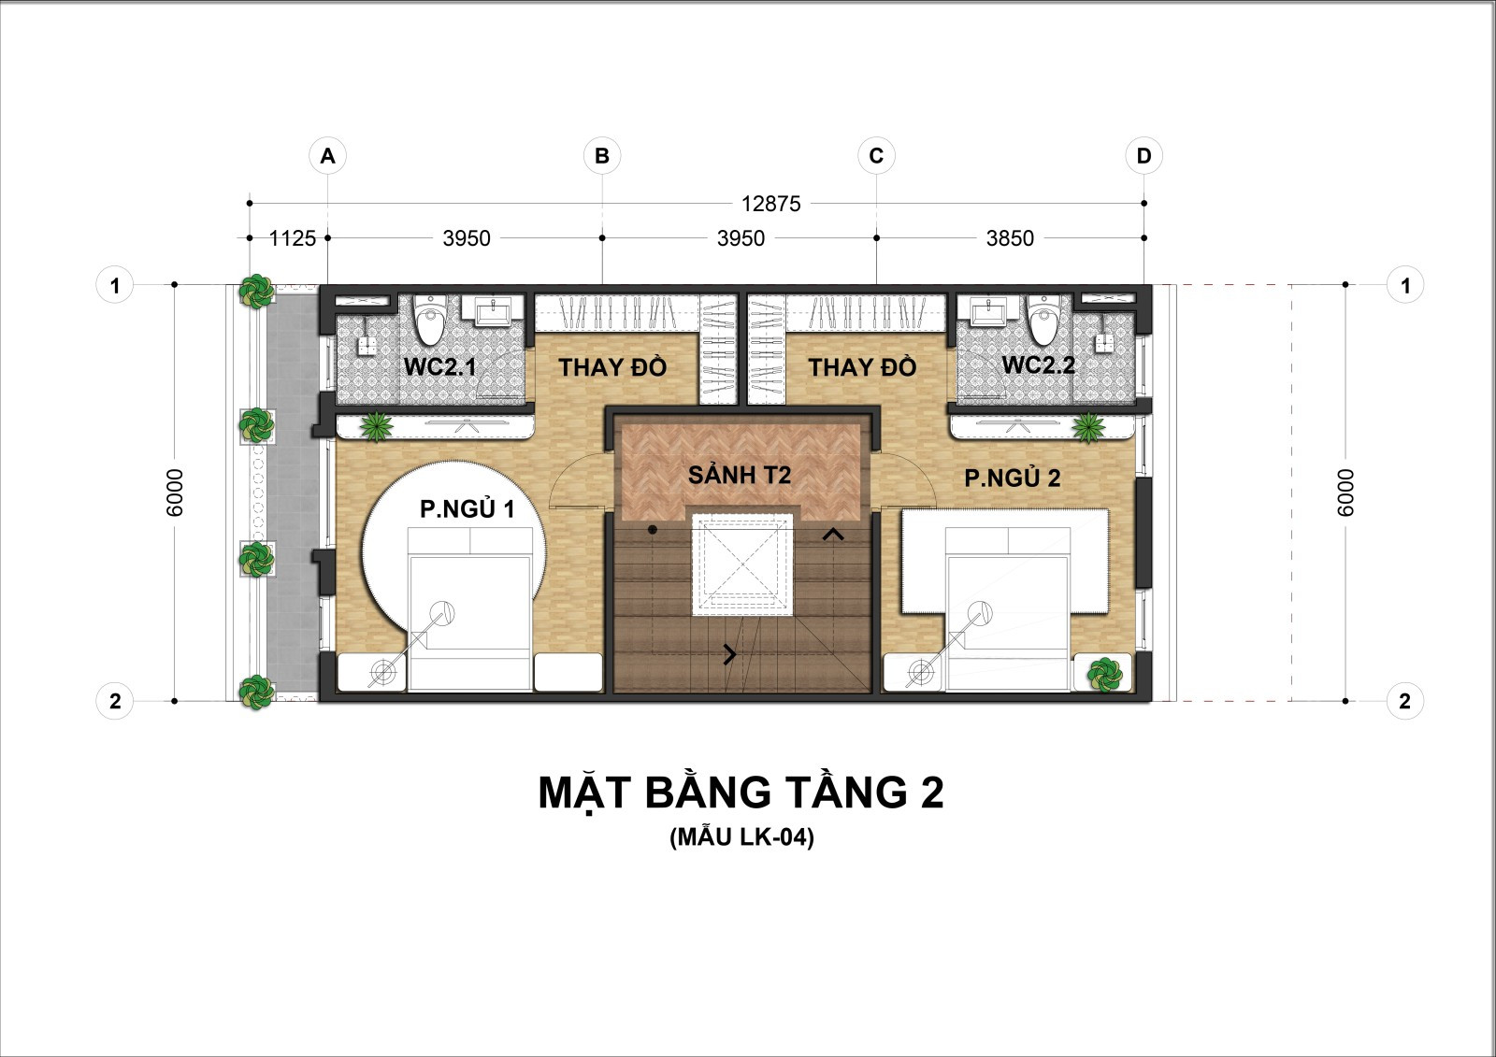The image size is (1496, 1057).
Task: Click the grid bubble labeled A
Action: click(x=327, y=155)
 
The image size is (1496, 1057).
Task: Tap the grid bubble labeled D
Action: click(x=1144, y=155)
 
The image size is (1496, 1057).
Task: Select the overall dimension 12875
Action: click(x=770, y=204)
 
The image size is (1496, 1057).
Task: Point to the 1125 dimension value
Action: click(x=292, y=238)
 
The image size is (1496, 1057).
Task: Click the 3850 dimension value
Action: click(x=1010, y=238)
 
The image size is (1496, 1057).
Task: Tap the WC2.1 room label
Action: click(x=439, y=366)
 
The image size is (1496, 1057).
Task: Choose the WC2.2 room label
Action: click(x=1039, y=364)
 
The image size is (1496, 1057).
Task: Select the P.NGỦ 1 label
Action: click(x=467, y=508)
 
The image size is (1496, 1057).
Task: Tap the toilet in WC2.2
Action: click(x=1045, y=320)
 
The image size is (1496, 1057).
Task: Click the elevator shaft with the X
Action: click(x=742, y=564)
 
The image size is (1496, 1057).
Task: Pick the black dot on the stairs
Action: click(x=653, y=530)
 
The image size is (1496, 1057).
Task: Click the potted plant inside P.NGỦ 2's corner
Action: click(x=1104, y=675)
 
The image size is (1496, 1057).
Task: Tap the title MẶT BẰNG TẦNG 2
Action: click(x=741, y=792)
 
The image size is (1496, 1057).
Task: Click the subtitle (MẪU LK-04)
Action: click(x=742, y=837)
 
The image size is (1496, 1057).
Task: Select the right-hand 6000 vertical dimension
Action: click(x=1345, y=493)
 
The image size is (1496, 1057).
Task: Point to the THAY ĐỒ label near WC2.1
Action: click(x=612, y=366)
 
